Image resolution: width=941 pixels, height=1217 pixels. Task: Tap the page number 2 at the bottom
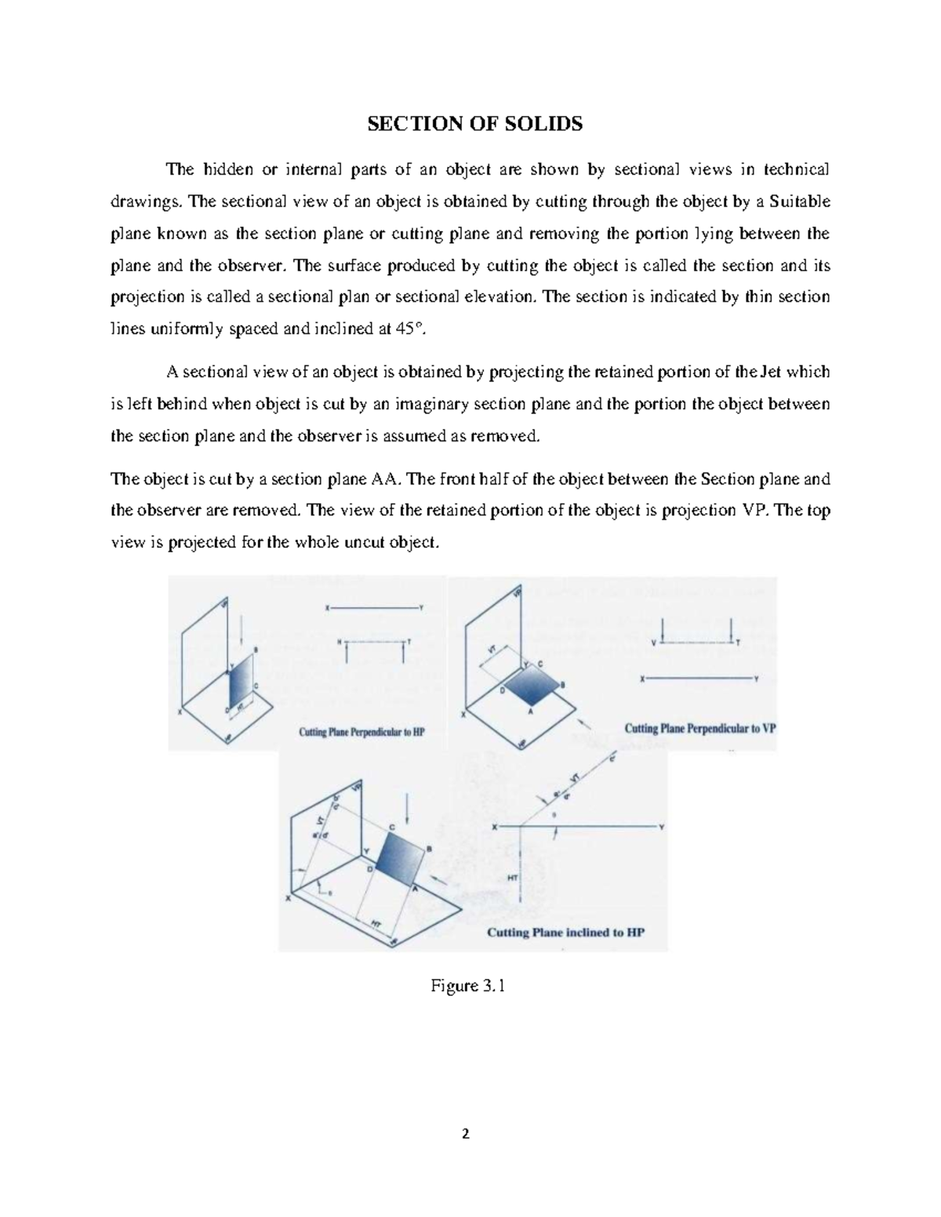467,1134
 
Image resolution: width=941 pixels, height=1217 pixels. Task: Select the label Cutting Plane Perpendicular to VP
699,728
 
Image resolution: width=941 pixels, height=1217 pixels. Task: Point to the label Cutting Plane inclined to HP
565,933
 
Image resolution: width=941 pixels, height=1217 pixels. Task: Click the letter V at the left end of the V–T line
654,641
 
